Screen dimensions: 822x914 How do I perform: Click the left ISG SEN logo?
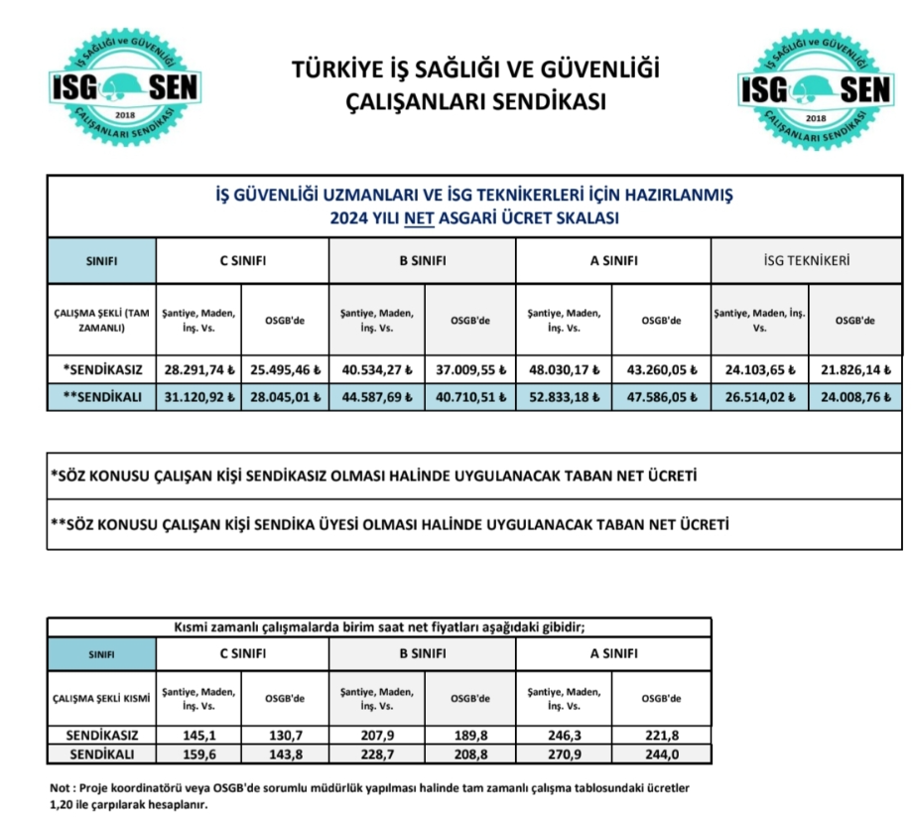tap(125, 88)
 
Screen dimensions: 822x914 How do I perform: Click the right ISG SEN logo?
tap(815, 88)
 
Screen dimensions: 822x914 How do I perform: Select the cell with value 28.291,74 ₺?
tap(199, 369)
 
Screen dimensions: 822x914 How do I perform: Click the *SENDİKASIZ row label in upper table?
tap(103, 369)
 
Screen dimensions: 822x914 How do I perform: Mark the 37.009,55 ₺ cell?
tap(471, 369)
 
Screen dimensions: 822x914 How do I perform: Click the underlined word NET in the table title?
tap(423, 217)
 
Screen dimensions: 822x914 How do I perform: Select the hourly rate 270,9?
tap(563, 754)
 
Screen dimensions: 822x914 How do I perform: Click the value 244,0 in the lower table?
tap(661, 754)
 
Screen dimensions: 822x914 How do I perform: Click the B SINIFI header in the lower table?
tap(422, 654)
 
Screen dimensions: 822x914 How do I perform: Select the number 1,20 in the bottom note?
tap(64, 805)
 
